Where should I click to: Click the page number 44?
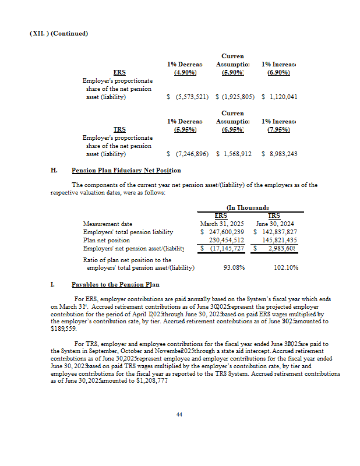pos(179,414)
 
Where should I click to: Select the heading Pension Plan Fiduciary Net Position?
pos(126,171)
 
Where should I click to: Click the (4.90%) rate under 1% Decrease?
pos(185,72)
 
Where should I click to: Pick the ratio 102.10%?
pos(285,267)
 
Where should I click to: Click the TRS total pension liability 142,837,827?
pos(279,232)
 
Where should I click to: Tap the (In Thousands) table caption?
pos(248,207)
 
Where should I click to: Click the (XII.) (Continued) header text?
pos(59,33)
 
